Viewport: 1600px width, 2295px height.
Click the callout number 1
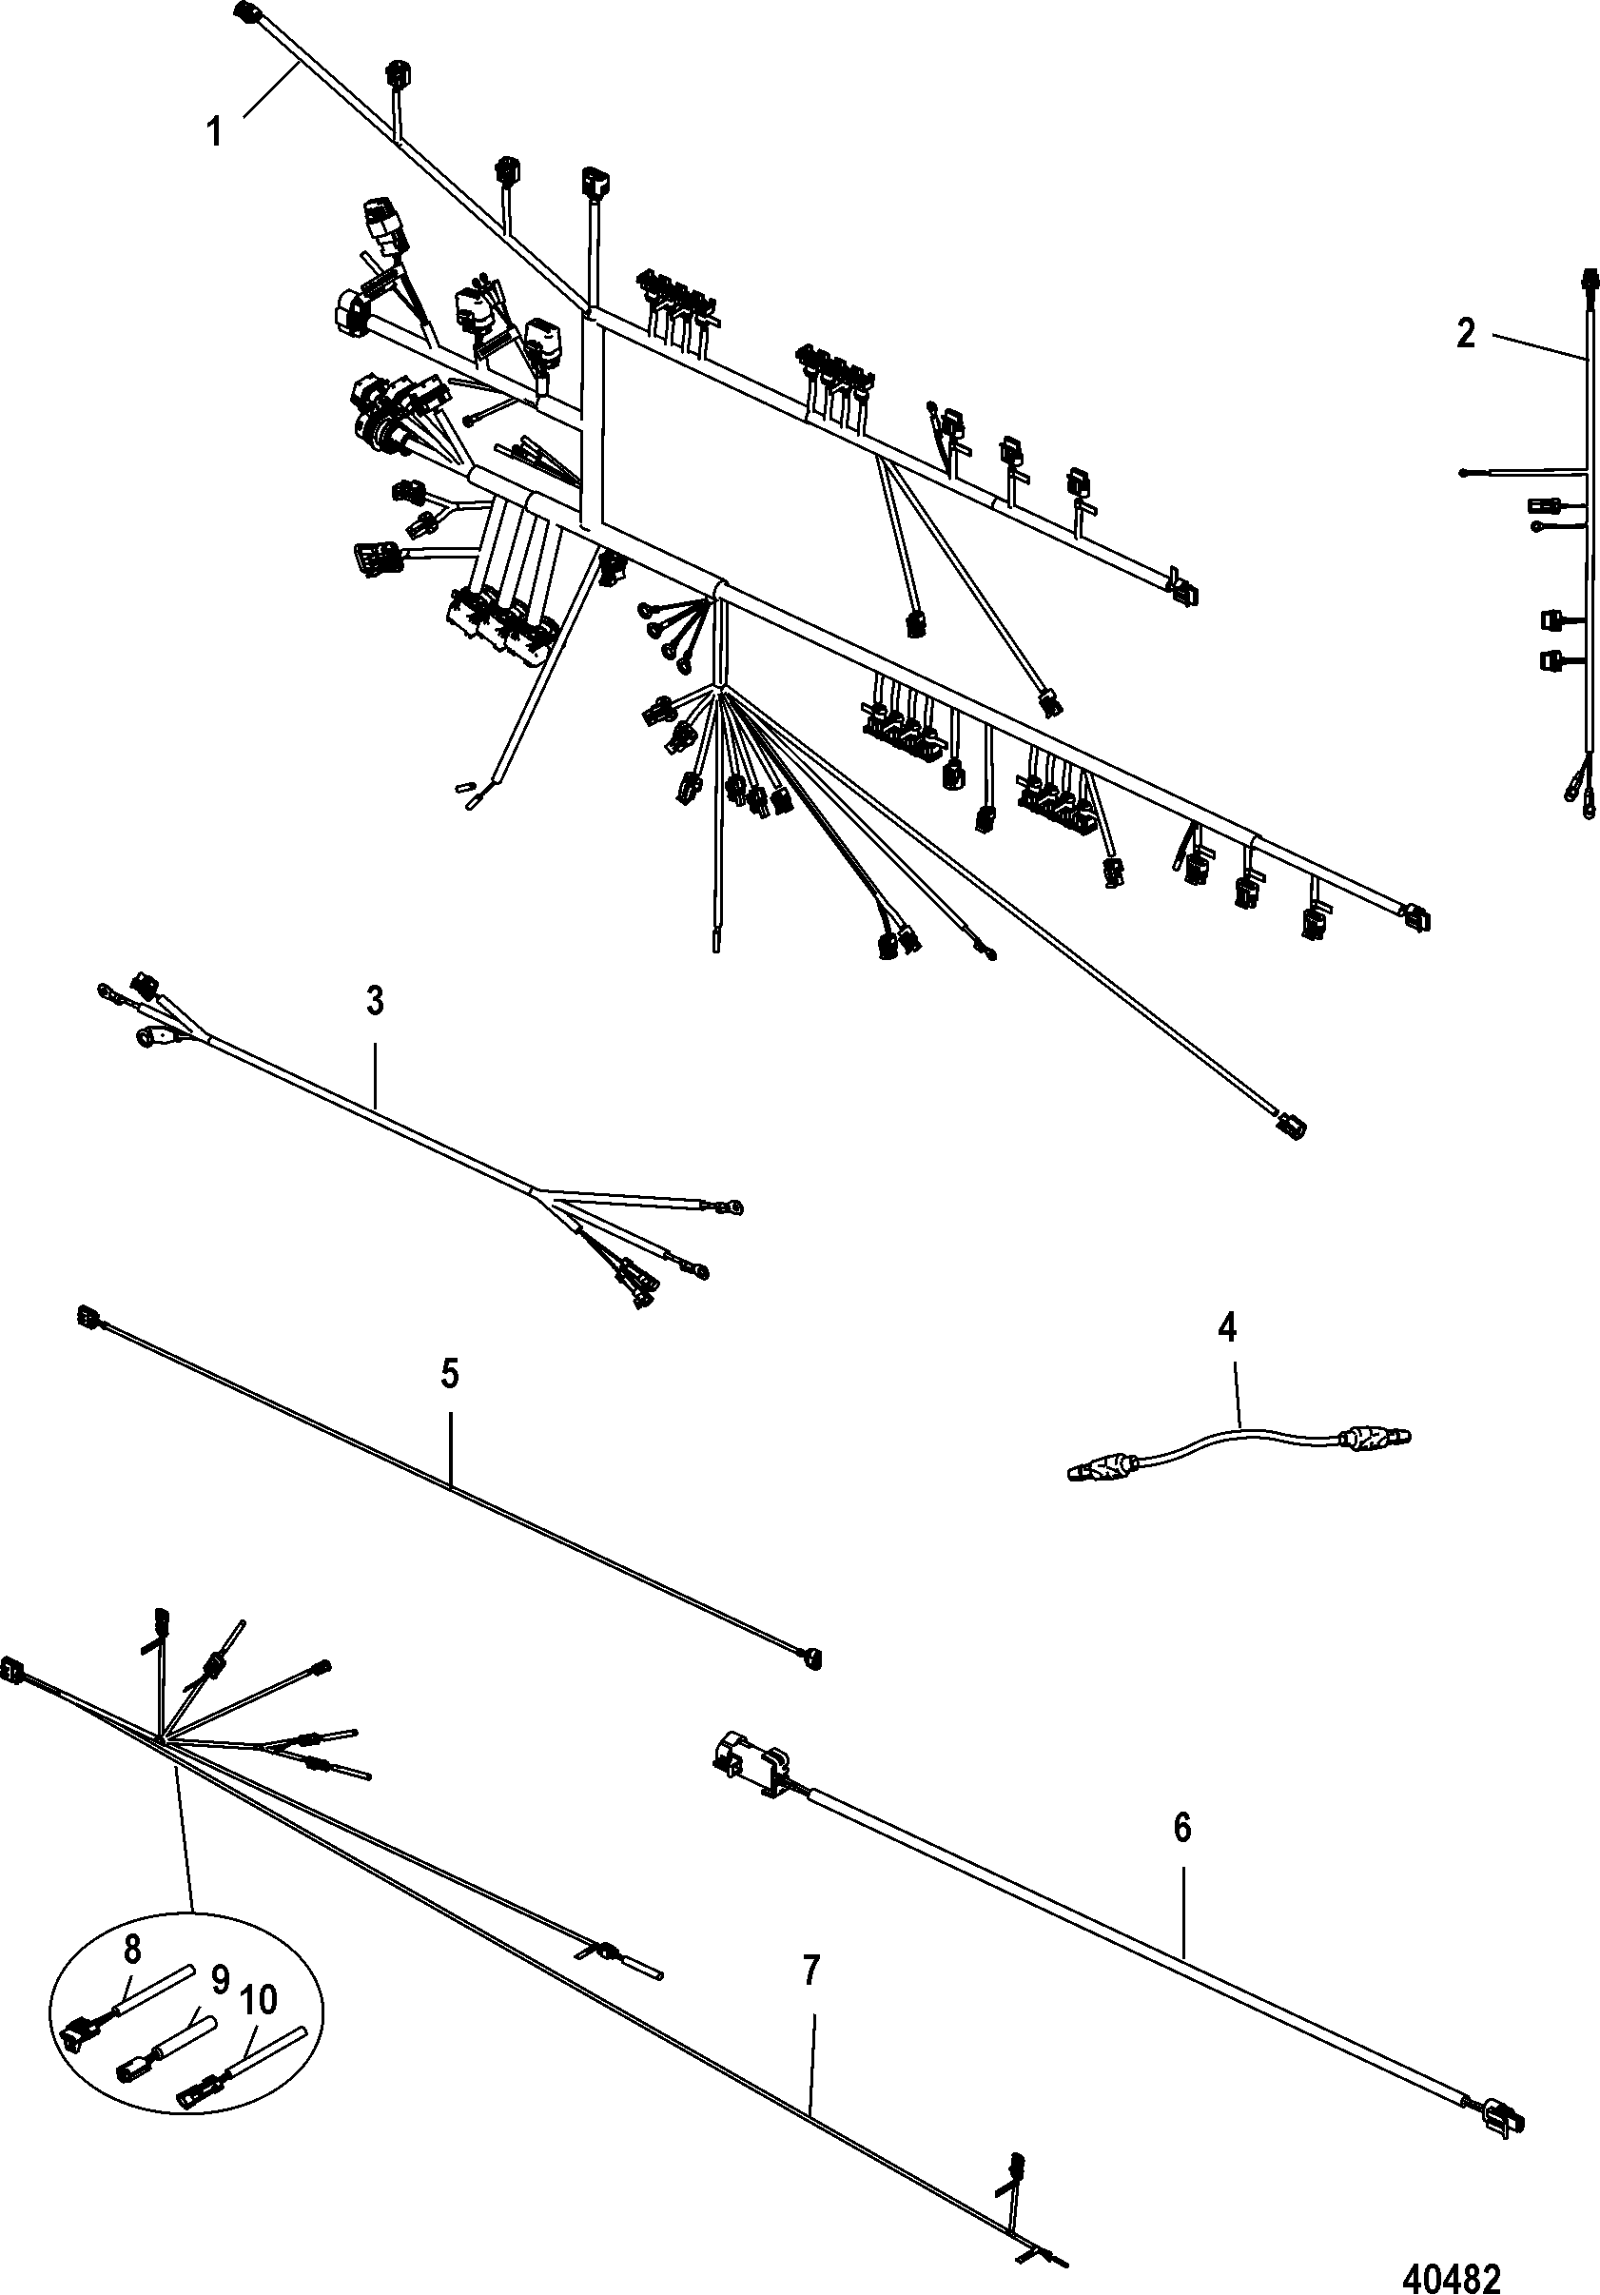click(215, 131)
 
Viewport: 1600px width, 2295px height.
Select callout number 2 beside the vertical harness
click(1465, 334)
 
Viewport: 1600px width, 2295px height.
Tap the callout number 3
click(375, 1001)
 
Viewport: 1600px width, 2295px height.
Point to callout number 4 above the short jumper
click(1227, 1327)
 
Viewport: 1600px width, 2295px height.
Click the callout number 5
click(450, 1374)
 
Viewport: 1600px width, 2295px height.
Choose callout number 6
click(1182, 1828)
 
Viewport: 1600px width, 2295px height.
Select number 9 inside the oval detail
click(220, 1979)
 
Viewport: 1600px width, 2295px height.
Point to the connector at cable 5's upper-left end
click(86, 1319)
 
